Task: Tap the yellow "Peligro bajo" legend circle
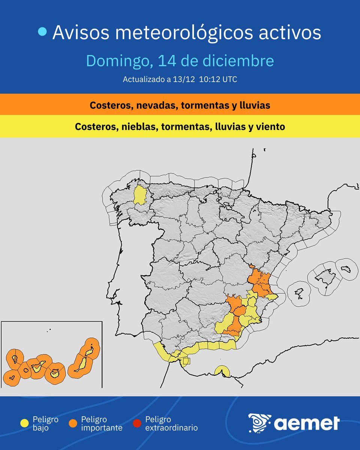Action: click(25, 423)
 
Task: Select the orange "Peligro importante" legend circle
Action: click(73, 423)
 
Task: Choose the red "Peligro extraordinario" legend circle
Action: click(137, 423)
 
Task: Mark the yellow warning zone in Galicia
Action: click(140, 195)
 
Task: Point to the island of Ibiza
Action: click(299, 293)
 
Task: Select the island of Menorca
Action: click(345, 269)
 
